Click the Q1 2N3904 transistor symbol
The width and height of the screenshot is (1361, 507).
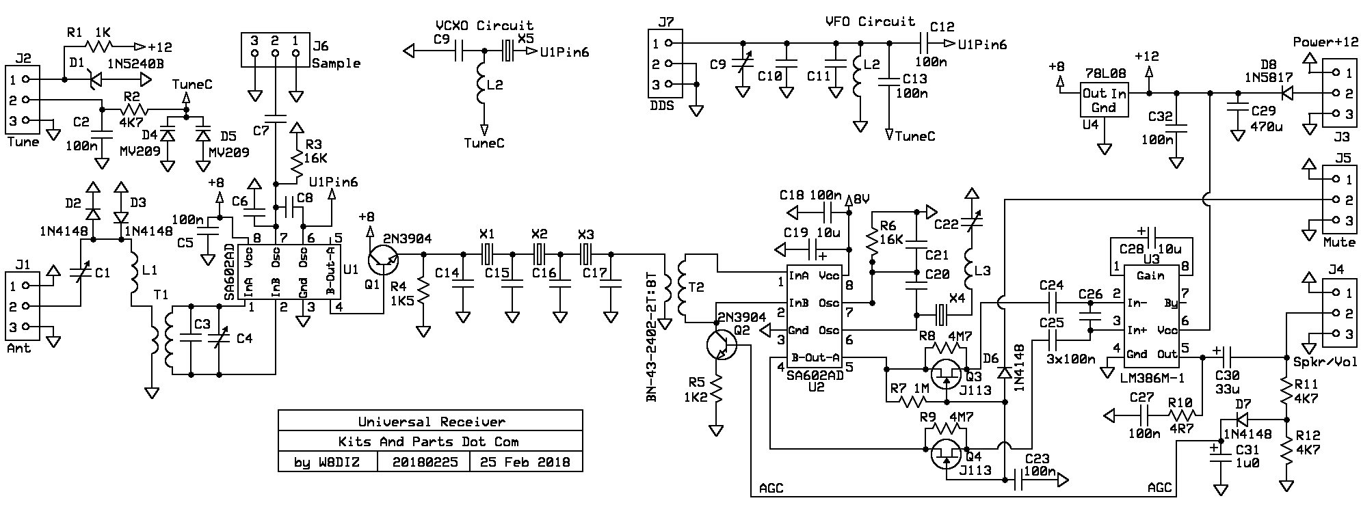pos(382,260)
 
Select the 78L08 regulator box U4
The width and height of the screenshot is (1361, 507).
pos(1103,100)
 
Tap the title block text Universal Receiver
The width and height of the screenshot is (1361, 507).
pos(431,422)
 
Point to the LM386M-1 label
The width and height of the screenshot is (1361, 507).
pos(1153,375)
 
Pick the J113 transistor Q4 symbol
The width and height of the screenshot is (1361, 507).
pos(947,454)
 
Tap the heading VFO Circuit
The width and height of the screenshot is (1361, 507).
pos(870,21)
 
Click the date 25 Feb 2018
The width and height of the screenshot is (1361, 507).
pos(525,462)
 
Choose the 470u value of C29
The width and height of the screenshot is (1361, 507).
pos(1267,126)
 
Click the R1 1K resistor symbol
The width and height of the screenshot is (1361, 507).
pos(97,46)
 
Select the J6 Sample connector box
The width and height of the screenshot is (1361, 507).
pos(275,52)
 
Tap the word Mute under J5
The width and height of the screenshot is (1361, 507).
pos(1338,242)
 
